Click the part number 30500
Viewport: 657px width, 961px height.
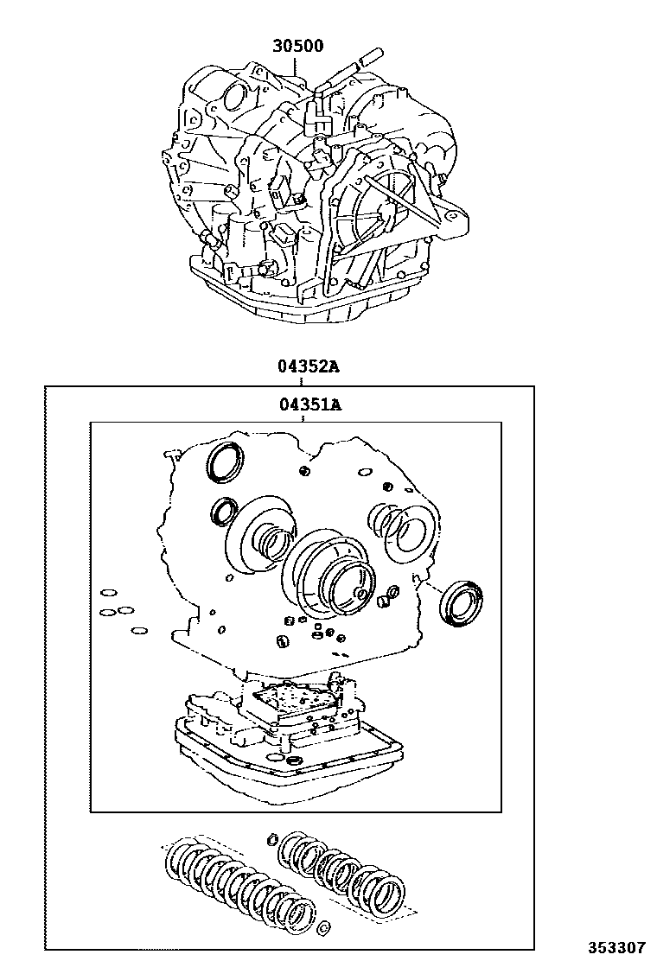pyautogui.click(x=298, y=46)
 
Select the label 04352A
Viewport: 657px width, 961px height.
pyautogui.click(x=308, y=366)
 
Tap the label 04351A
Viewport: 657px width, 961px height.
pyautogui.click(x=308, y=403)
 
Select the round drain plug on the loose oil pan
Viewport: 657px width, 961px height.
pyautogui.click(x=295, y=761)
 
